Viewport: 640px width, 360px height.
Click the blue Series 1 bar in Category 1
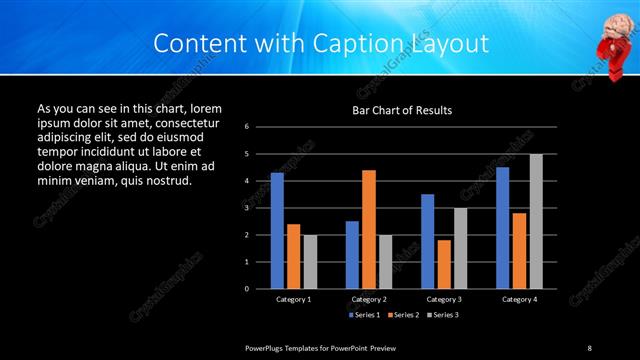[277, 231]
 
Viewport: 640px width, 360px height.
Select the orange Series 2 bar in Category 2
[369, 229]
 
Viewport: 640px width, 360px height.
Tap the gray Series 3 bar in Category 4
[536, 221]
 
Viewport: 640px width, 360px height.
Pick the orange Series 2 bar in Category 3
[444, 264]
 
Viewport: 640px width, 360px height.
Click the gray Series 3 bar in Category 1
[310, 262]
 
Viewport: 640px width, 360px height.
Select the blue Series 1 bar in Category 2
[352, 255]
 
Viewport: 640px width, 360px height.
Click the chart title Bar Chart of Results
[402, 110]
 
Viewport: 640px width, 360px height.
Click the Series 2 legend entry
[402, 314]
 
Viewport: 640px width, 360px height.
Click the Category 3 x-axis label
[443, 299]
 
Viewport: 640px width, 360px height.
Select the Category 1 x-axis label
[294, 299]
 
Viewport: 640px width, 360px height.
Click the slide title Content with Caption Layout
[321, 44]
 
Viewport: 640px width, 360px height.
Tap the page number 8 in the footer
[589, 348]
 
